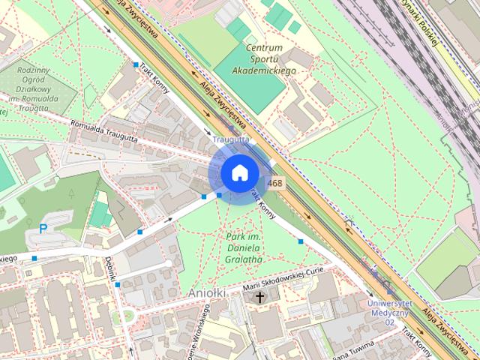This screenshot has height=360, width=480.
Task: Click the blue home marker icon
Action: point(239,173)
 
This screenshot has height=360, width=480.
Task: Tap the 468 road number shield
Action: point(275,183)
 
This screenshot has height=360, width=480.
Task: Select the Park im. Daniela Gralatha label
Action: point(244,248)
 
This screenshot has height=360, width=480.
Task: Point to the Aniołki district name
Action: point(209,292)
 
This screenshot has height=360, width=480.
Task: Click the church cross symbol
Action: point(260,298)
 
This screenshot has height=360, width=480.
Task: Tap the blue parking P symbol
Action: point(43,228)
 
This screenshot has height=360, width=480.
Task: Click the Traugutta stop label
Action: point(230,139)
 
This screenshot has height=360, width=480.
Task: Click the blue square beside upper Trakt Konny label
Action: point(136,65)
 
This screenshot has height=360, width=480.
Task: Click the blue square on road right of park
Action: point(300,241)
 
